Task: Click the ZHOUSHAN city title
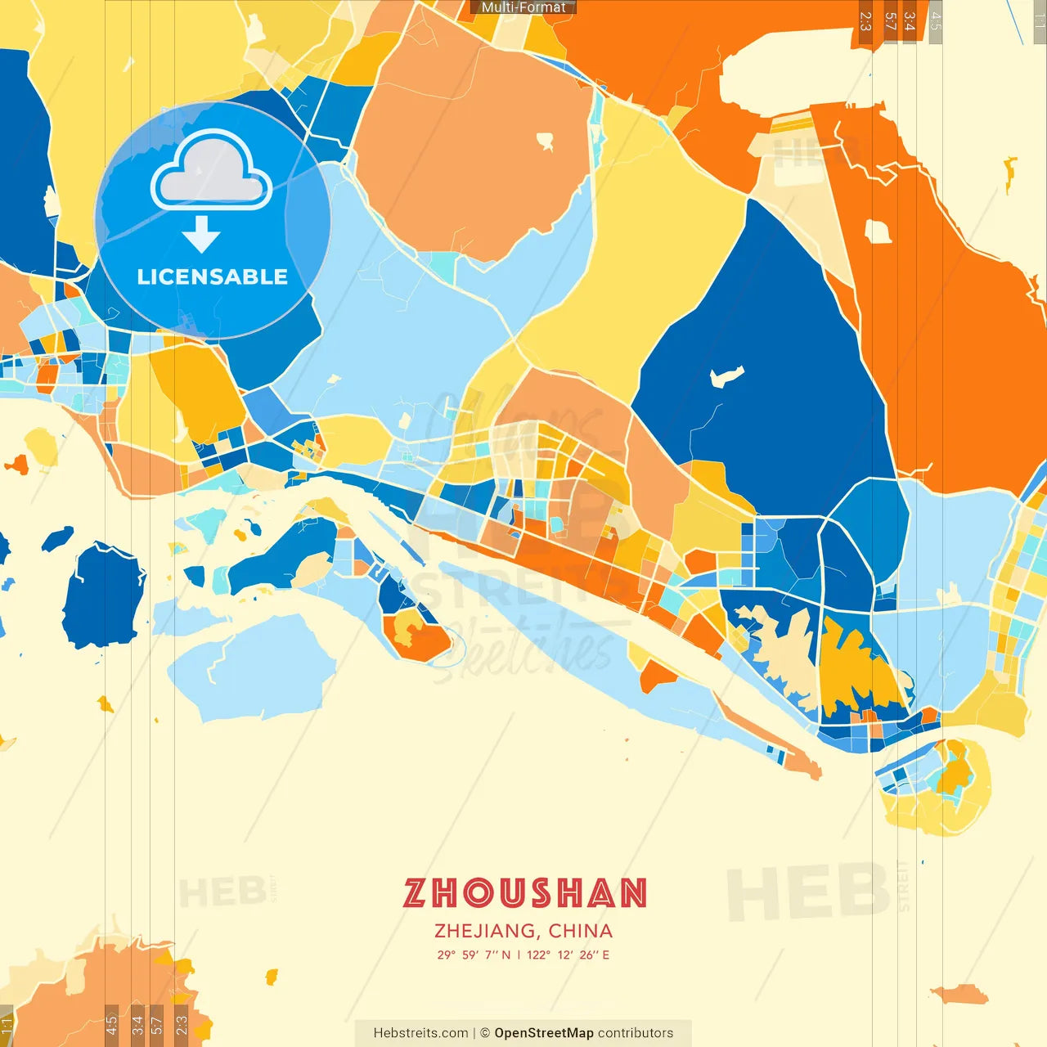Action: [x=524, y=892]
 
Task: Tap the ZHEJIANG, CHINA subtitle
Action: [x=523, y=931]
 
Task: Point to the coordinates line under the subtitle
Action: [x=523, y=955]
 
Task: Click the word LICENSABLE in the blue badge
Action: [x=213, y=277]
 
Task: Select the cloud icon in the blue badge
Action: [x=212, y=169]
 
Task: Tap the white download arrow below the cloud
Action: [x=201, y=235]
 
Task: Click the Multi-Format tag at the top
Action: [x=523, y=7]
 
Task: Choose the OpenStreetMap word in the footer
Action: [x=544, y=1033]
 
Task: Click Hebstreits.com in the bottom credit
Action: [x=420, y=1033]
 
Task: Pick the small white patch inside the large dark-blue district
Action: [x=726, y=377]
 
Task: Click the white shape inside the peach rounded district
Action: [x=546, y=142]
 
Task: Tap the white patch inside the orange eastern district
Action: [x=878, y=231]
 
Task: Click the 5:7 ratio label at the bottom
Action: [x=156, y=1025]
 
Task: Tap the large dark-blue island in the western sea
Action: [x=102, y=594]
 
